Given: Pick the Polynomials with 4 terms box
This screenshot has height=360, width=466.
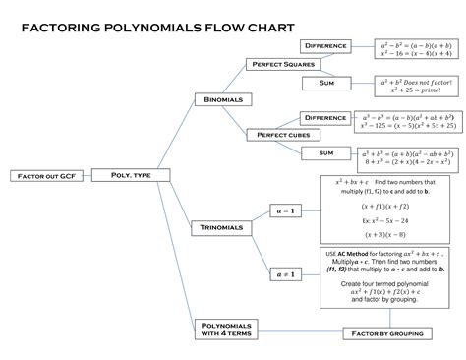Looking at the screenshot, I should [223, 329].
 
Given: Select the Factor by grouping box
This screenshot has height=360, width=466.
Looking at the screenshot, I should [388, 333].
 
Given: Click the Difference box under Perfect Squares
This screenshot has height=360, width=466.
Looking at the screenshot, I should [326, 46].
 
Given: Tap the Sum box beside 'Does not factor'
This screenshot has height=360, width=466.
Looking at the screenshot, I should [326, 84].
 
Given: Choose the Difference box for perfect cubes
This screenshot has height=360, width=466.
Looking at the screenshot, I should [325, 118].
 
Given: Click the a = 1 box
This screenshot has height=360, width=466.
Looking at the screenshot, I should [288, 210].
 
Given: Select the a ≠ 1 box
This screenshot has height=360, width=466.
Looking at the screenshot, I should [288, 273].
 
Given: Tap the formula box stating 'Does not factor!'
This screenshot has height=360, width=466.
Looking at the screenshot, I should [415, 85].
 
